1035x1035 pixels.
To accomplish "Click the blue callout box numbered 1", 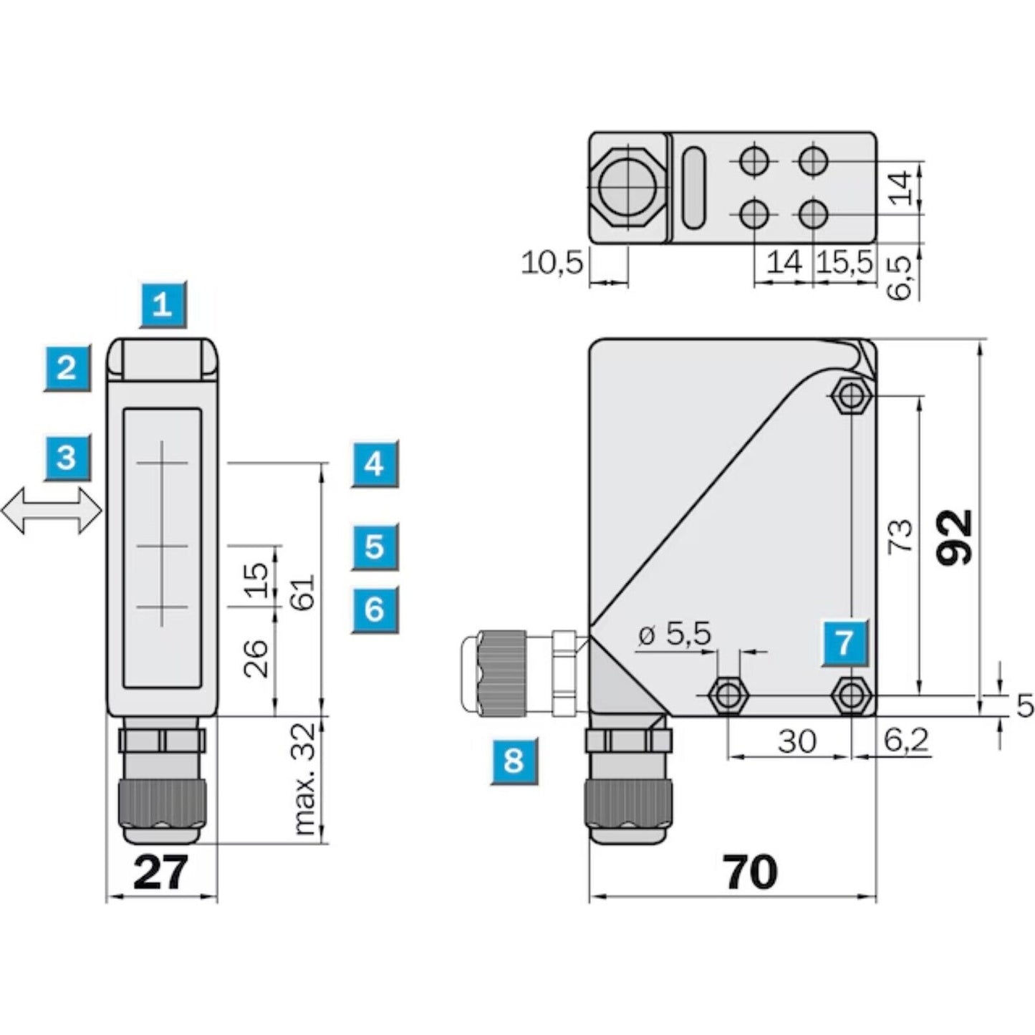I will (163, 305).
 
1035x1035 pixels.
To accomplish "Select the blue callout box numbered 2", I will (67, 368).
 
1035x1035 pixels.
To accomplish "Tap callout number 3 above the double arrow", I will (67, 456).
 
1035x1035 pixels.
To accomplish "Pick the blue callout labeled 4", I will (374, 464).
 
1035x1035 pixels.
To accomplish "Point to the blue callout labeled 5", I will (374, 547).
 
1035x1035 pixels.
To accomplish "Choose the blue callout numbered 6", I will (374, 610).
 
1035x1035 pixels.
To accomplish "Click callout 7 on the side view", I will (844, 642).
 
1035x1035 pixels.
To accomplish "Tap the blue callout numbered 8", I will (514, 760).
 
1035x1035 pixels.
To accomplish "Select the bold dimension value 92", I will (956, 537).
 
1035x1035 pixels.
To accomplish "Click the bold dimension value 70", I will (749, 872).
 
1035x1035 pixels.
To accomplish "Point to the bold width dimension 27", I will (160, 872).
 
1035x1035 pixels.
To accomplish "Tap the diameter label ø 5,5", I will (674, 634).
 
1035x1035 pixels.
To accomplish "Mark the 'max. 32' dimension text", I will (304, 779).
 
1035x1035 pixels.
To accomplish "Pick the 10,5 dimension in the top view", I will (552, 263).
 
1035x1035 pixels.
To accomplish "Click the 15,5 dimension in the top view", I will (845, 263).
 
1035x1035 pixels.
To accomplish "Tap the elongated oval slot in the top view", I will (693, 188).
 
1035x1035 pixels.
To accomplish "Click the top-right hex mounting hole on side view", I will (851, 394).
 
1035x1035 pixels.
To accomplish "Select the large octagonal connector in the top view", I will (626, 188).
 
